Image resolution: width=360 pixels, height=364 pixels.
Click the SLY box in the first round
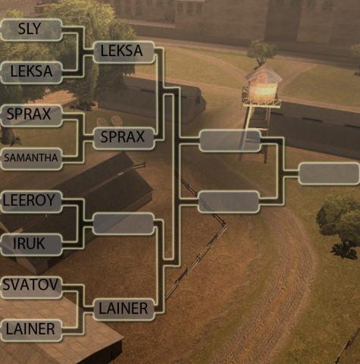pos(31,30)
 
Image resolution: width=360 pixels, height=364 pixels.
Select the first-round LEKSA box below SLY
pos(31,73)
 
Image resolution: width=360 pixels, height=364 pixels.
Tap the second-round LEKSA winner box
pos(124,52)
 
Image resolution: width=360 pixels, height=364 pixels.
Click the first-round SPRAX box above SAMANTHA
pos(31,115)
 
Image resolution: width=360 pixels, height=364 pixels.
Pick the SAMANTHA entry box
pos(31,158)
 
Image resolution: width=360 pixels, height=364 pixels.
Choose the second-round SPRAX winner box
pos(124,138)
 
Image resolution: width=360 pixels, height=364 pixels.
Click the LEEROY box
pos(31,202)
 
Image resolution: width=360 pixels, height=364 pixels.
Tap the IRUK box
pos(31,244)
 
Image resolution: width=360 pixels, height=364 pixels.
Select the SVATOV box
pos(31,287)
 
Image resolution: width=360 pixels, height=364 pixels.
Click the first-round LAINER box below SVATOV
pos(31,331)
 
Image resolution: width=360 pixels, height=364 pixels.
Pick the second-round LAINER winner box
pos(124,309)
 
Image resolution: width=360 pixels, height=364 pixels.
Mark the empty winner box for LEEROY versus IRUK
pos(124,224)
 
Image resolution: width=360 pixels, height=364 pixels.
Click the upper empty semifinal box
pos(230,141)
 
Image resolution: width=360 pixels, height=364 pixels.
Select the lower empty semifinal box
pos(229,202)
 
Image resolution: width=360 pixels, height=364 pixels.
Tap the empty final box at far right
pos(329,174)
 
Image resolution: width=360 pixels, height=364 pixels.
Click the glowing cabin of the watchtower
pos(263,90)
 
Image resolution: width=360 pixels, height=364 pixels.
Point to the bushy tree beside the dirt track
pos(339,225)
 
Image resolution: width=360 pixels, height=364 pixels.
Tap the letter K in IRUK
pos(40,243)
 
